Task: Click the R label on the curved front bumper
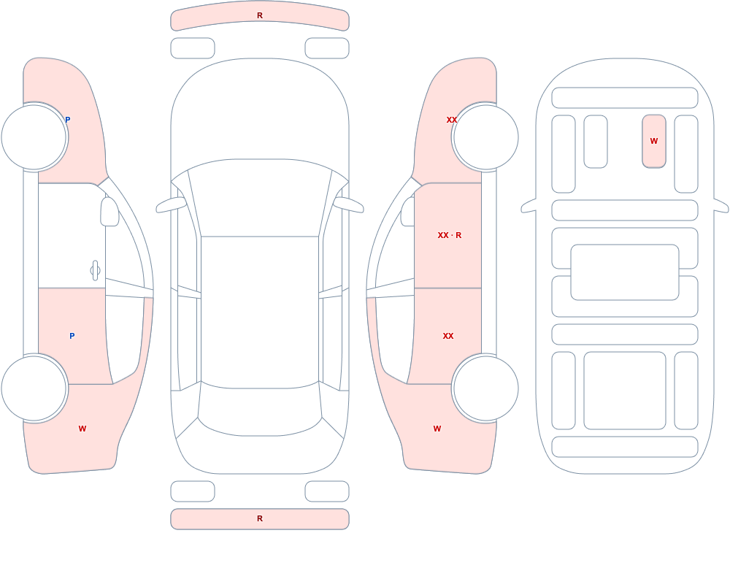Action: (260, 15)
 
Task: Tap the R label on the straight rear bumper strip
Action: (260, 518)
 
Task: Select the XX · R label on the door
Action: (449, 235)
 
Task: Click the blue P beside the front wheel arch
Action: (67, 120)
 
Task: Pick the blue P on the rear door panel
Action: (72, 336)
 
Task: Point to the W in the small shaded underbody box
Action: (653, 141)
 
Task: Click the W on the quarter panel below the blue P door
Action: (82, 429)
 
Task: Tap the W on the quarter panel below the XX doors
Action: (437, 429)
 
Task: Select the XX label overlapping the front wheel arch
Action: (452, 120)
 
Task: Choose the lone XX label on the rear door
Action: (448, 336)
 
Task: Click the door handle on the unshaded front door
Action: (95, 270)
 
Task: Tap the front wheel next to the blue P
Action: (34, 137)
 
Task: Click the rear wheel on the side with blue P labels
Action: (34, 388)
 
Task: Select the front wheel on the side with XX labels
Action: (485, 137)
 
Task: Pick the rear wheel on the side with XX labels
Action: (485, 388)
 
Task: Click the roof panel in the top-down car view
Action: (260, 311)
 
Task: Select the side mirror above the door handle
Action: (110, 212)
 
